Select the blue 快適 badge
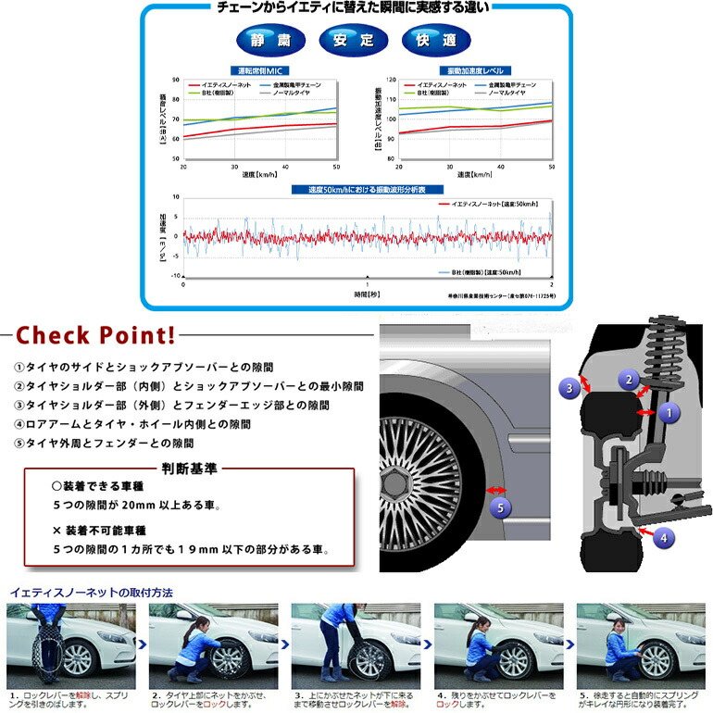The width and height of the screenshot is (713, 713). [437, 41]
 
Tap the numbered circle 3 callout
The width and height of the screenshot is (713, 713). [570, 388]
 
